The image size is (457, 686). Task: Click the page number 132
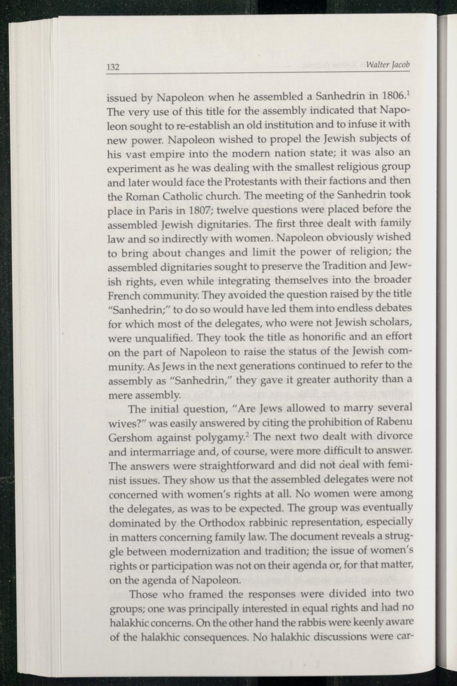(113, 68)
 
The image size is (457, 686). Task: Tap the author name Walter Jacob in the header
(388, 64)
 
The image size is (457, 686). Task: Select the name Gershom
(128, 437)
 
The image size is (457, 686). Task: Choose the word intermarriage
(163, 452)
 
